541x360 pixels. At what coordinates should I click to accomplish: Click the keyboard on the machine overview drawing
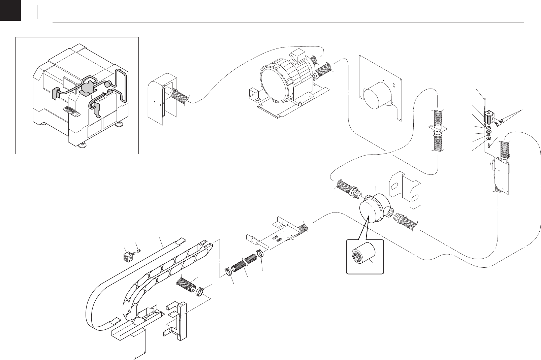click(69, 110)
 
